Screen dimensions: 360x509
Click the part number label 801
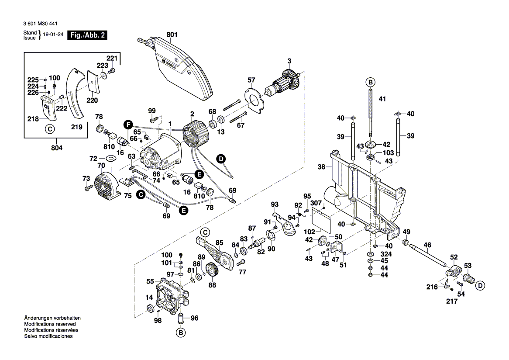point(172,34)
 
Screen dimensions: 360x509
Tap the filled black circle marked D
point(221,159)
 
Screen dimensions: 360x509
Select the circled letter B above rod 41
point(370,82)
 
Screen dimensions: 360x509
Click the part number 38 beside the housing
point(322,166)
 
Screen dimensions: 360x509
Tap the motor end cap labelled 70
point(104,187)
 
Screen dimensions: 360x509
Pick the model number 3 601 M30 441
point(42,24)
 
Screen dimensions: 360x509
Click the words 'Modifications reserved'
point(50,324)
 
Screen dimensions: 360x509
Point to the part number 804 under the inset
point(57,148)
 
